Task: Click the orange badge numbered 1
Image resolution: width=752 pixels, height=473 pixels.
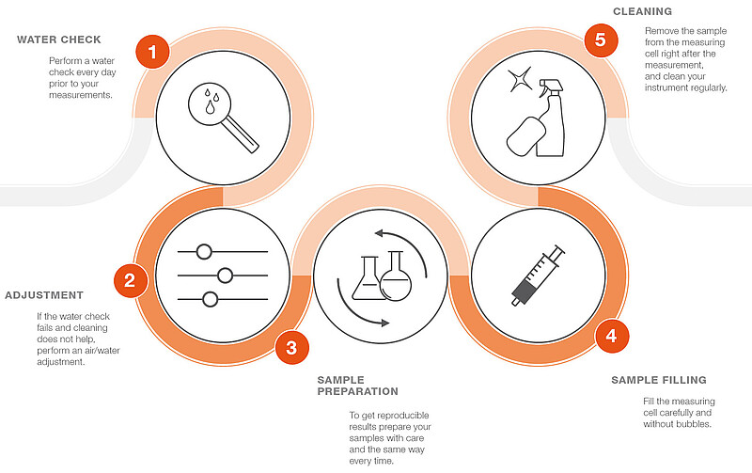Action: coord(152,52)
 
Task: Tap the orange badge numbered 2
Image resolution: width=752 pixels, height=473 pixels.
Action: coord(131,280)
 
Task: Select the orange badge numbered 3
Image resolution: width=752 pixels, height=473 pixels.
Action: coord(291,347)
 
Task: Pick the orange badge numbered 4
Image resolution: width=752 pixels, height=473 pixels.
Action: coord(612,336)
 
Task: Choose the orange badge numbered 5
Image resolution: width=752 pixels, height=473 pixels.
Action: coord(601,39)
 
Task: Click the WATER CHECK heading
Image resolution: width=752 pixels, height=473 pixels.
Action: coord(59,39)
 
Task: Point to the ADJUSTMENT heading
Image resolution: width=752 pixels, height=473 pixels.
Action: coord(44,295)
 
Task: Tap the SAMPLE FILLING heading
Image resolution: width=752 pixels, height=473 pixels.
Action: coord(659,380)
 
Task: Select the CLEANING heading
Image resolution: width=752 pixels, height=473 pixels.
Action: coord(643,11)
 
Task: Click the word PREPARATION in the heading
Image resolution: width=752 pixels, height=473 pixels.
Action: coord(358,391)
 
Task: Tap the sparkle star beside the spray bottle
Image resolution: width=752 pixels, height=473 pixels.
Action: coord(520,79)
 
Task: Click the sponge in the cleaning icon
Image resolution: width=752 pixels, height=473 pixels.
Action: coord(525,136)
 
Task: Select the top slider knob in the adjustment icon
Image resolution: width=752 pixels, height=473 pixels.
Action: coord(204,251)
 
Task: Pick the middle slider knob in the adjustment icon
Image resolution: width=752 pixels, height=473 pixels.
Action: coord(225,276)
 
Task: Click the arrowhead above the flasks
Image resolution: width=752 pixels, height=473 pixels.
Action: coord(379,233)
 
